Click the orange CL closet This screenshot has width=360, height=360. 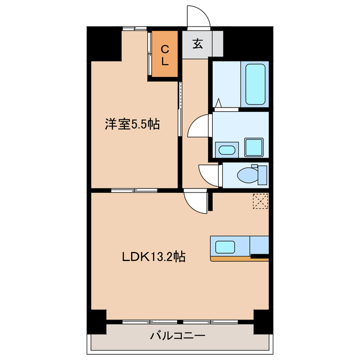(x=164, y=56)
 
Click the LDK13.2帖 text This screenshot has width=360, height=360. (x=154, y=257)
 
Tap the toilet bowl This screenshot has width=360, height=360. (x=249, y=175)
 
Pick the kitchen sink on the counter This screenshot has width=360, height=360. (x=226, y=246)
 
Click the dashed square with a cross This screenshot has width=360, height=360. (x=260, y=201)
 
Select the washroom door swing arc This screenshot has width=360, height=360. (x=200, y=125)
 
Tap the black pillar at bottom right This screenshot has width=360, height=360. (x=261, y=322)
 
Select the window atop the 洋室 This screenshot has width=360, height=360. (x=132, y=28)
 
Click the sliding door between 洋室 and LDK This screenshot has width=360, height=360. (x=127, y=191)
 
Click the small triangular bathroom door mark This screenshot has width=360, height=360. (x=219, y=103)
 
